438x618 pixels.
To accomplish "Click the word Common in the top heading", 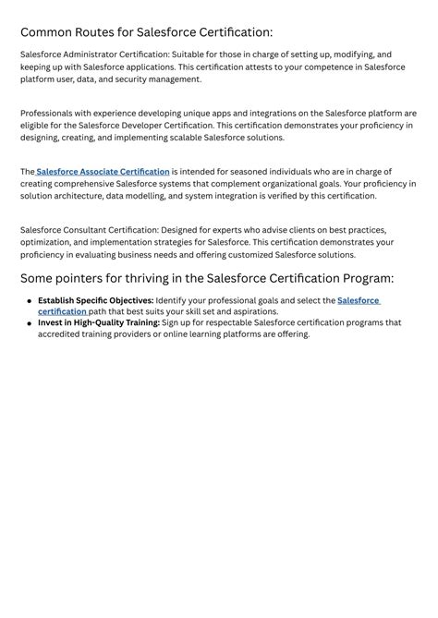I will [49, 32].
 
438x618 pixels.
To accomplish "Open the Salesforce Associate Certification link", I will [103, 172].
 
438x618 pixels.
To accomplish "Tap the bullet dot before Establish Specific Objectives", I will [30, 301].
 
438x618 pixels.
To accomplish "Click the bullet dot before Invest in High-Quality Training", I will [30, 324].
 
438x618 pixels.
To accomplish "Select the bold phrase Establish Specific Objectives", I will [95, 300].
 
